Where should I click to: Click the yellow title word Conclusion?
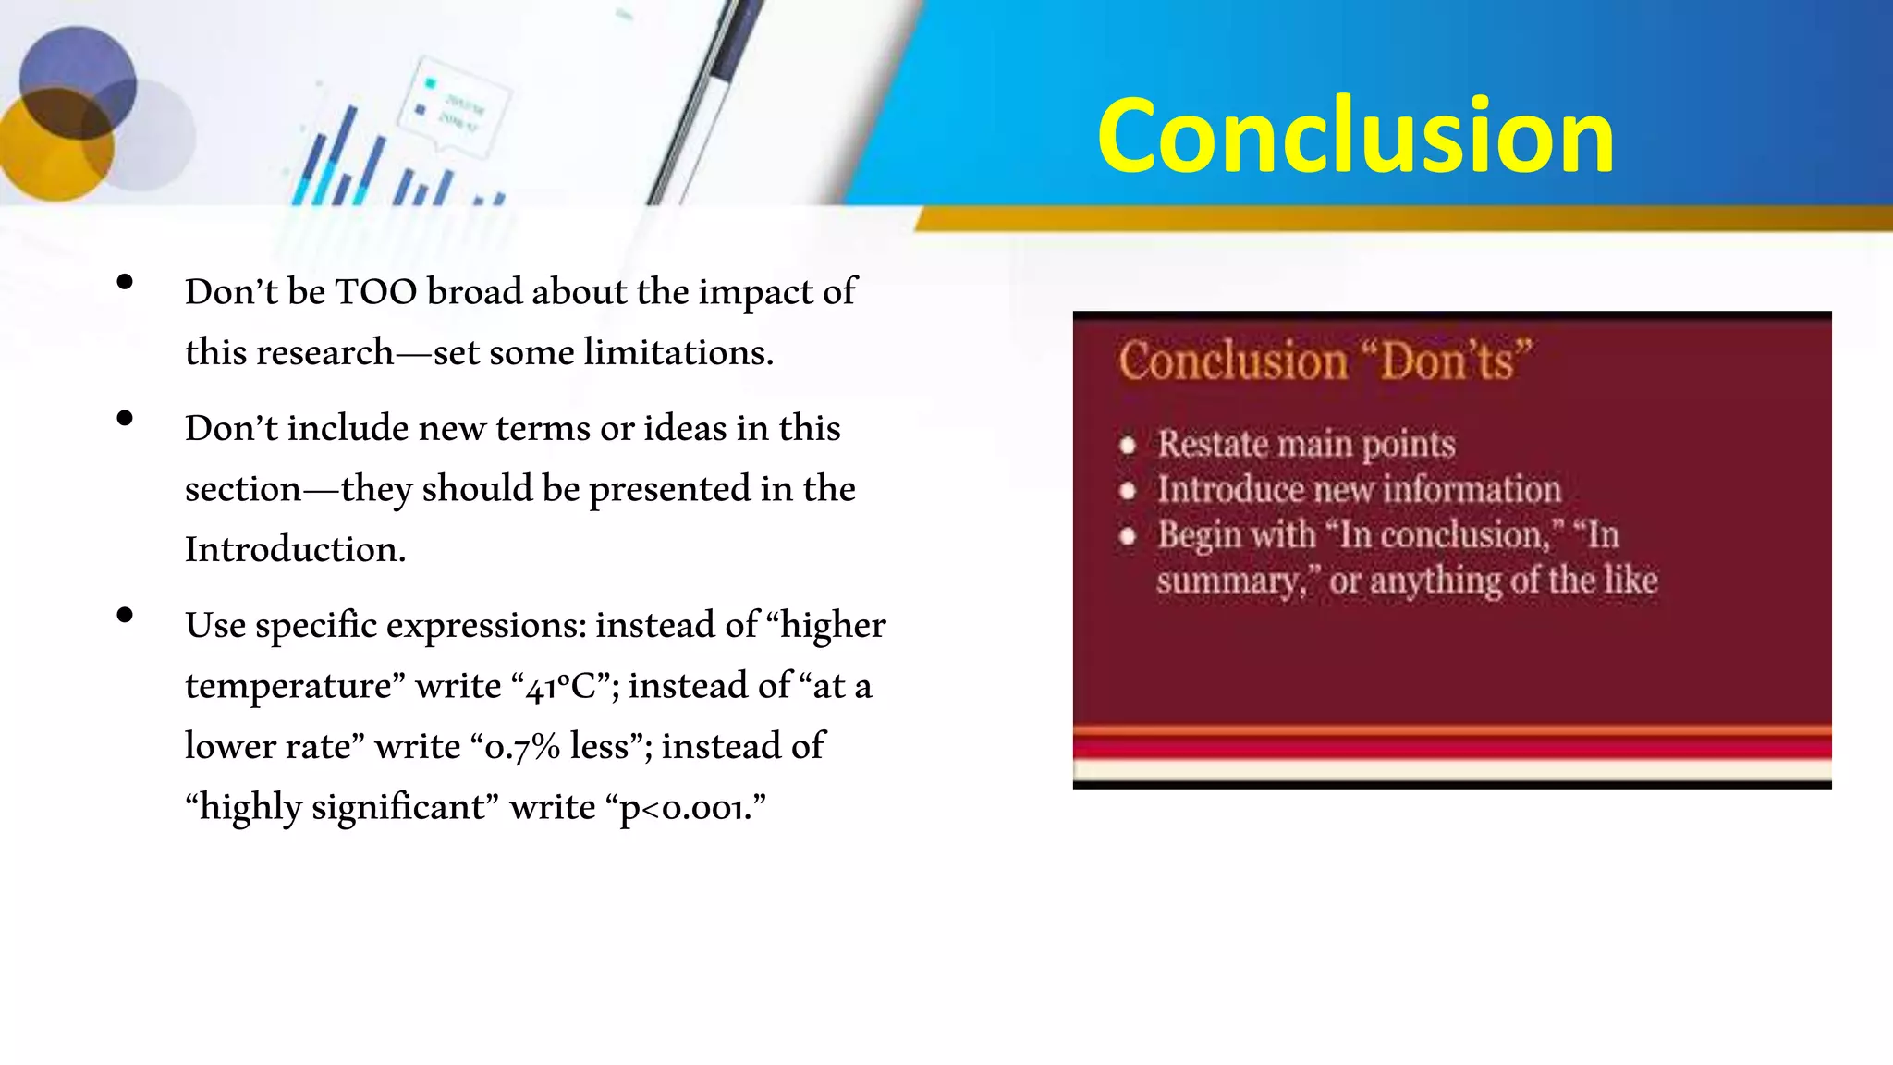coord(1355,136)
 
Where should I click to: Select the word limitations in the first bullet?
coord(678,353)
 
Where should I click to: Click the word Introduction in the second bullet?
coord(294,550)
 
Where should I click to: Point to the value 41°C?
coord(564,687)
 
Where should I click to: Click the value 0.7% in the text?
coord(522,747)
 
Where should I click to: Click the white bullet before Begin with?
coord(1127,536)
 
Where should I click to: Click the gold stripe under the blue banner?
coord(1386,219)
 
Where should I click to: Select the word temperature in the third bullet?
coord(294,687)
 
